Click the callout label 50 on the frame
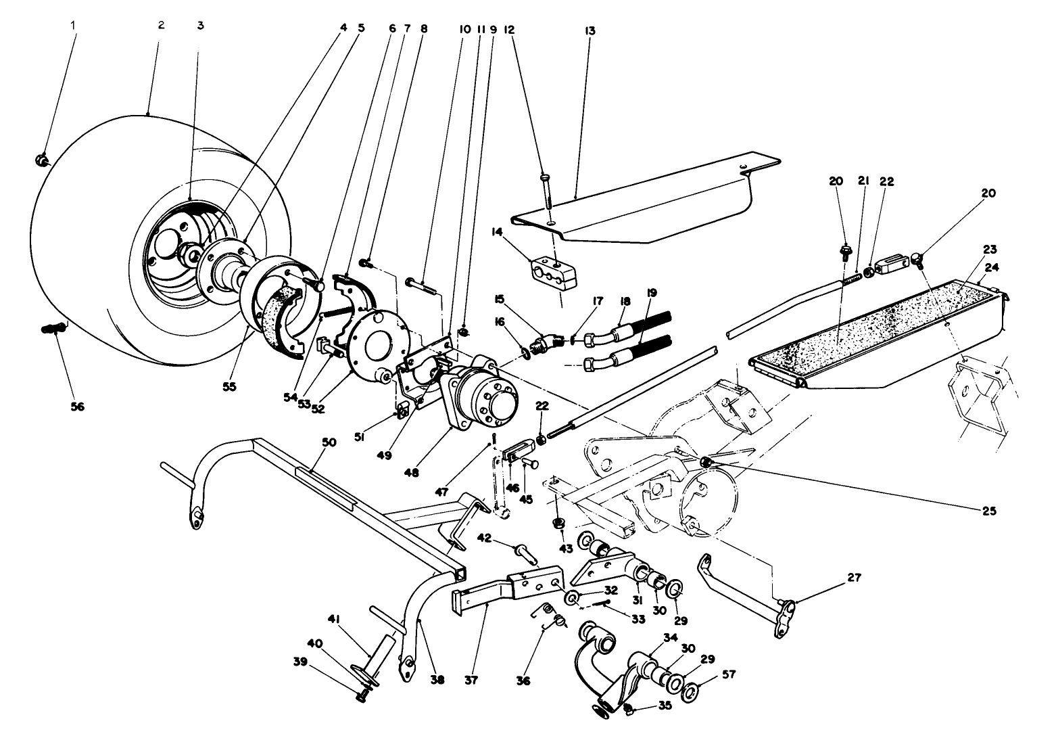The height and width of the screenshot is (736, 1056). coord(329,442)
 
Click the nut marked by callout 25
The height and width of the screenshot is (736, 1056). coord(706,462)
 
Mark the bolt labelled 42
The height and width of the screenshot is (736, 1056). coord(527,554)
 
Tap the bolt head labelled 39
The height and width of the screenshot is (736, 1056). coord(362,695)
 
